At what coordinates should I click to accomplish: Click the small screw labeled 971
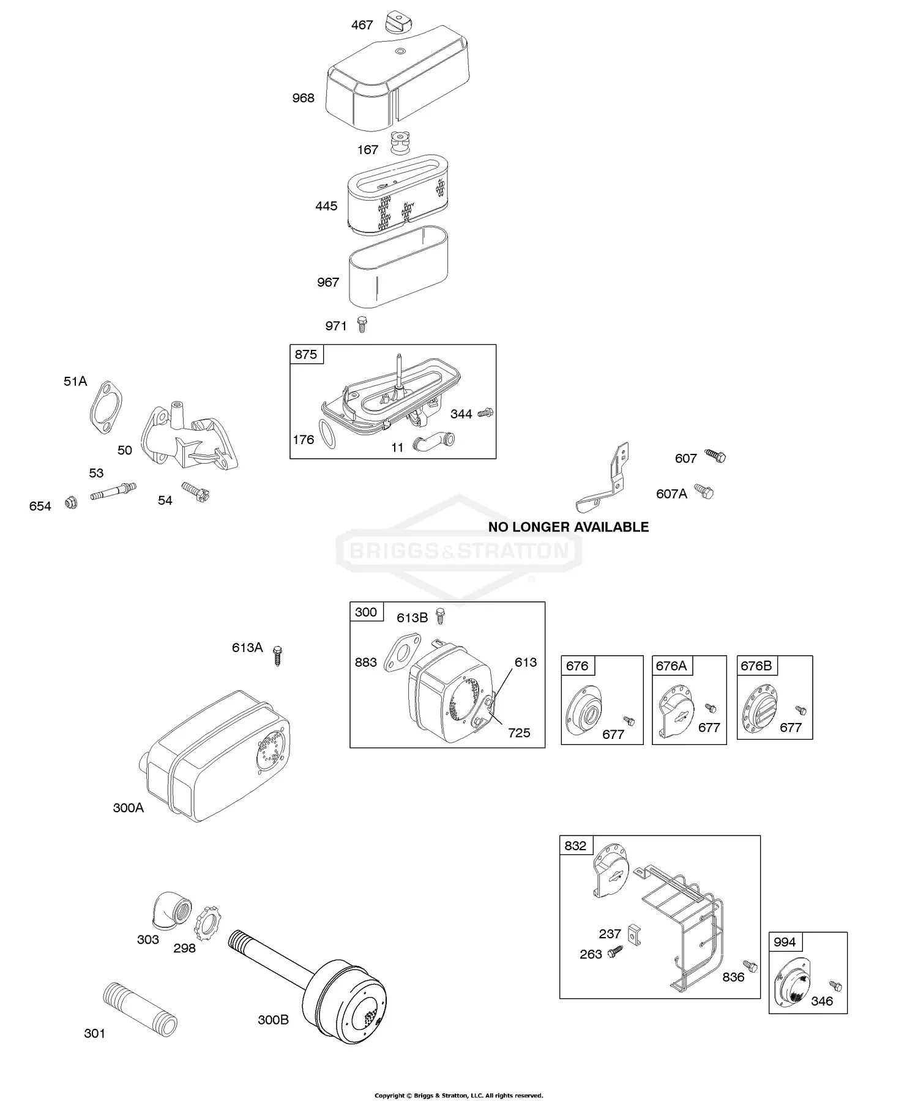(362, 324)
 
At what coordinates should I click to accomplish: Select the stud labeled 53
(113, 491)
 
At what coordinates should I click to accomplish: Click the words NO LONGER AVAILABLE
(568, 527)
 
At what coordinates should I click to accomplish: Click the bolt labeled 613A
(277, 654)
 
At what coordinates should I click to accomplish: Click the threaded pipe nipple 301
(140, 1009)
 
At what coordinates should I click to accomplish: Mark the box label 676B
(756, 666)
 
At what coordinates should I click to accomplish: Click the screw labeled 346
(835, 985)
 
